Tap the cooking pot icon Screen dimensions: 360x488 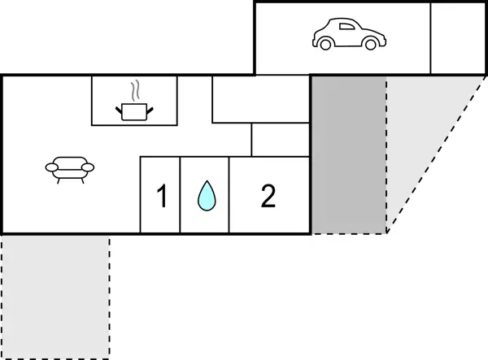134,111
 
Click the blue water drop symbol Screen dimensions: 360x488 207,196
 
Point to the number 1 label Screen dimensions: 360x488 161,197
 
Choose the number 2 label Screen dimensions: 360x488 268,196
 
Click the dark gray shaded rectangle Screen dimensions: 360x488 349,154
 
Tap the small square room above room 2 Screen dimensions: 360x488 281,140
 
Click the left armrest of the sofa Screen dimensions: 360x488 51,168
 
